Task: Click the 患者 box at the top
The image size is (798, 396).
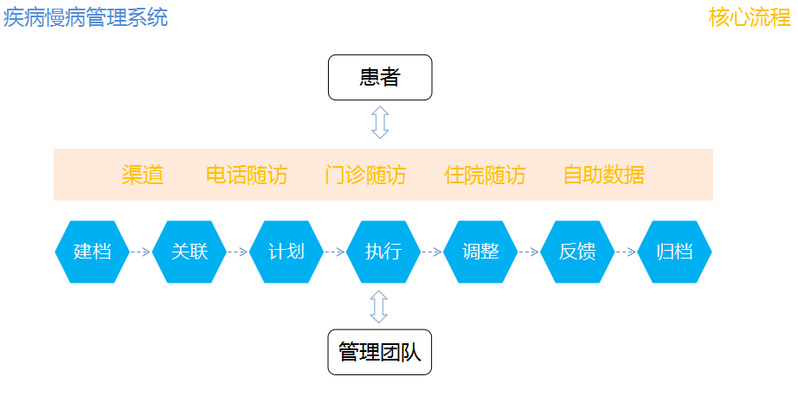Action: pyautogui.click(x=380, y=77)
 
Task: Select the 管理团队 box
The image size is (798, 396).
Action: pyautogui.click(x=380, y=352)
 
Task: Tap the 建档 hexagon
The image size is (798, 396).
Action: pyautogui.click(x=92, y=252)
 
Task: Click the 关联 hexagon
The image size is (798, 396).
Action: pyautogui.click(x=190, y=252)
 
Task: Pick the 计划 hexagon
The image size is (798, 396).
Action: pyautogui.click(x=286, y=252)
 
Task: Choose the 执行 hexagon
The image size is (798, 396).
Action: pyautogui.click(x=383, y=252)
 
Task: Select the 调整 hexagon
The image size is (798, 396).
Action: pyautogui.click(x=480, y=252)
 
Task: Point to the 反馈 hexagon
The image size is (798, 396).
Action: pyautogui.click(x=577, y=252)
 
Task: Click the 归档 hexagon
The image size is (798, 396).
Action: pyautogui.click(x=674, y=252)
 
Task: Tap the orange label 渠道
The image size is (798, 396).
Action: pyautogui.click(x=143, y=175)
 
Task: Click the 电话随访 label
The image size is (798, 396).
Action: pyautogui.click(x=247, y=175)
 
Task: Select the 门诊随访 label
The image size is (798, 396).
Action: pyautogui.click(x=365, y=175)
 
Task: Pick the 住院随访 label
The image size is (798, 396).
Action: pyautogui.click(x=485, y=175)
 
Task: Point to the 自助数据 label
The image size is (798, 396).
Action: pyautogui.click(x=604, y=175)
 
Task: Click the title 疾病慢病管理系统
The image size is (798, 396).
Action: pyautogui.click(x=86, y=18)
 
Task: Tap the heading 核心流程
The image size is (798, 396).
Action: pyautogui.click(x=750, y=18)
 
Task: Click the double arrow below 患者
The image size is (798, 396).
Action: pyautogui.click(x=380, y=122)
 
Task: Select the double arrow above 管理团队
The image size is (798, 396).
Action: pyautogui.click(x=378, y=307)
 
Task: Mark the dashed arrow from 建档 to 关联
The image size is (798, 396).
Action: pyautogui.click(x=140, y=252)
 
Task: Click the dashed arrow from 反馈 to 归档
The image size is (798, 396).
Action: pyautogui.click(x=626, y=252)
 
